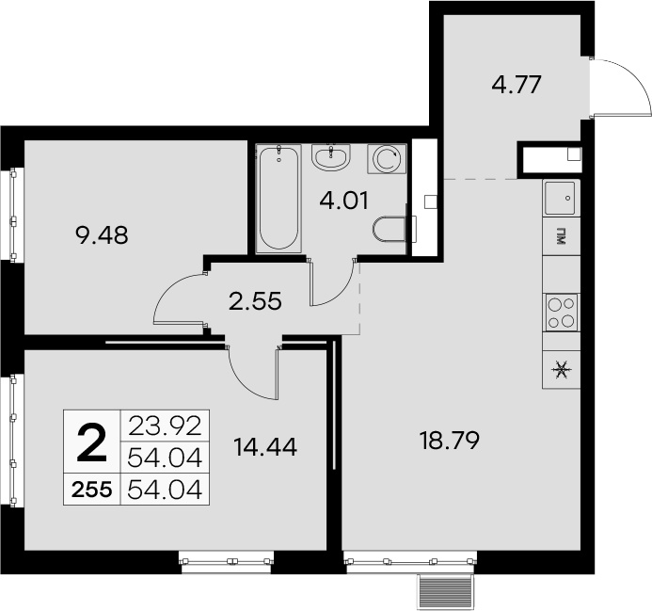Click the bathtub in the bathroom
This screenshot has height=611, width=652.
(x=278, y=198)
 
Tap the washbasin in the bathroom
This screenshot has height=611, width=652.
(x=331, y=157)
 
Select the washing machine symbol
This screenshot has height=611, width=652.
(x=387, y=159)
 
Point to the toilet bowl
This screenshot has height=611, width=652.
(x=390, y=229)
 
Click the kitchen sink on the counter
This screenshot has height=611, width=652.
(x=560, y=198)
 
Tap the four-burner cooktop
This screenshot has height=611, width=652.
(x=562, y=313)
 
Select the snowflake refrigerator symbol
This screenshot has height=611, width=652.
(x=562, y=370)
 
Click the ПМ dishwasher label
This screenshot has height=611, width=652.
(x=562, y=236)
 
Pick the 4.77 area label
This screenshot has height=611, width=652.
(x=517, y=85)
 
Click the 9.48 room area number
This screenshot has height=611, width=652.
(x=102, y=235)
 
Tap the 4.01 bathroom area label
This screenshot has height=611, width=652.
(x=344, y=201)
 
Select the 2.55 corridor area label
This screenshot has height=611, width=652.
(x=255, y=301)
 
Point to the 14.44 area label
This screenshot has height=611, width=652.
(x=265, y=447)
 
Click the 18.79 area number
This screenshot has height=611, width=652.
(x=450, y=441)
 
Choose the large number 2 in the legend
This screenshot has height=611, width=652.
(x=92, y=443)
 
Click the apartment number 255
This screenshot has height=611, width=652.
(x=91, y=490)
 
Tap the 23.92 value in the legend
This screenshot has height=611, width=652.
(x=165, y=426)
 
